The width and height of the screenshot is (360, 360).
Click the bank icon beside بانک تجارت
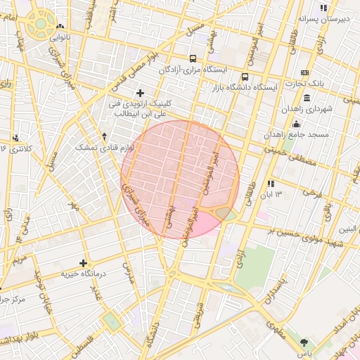304,72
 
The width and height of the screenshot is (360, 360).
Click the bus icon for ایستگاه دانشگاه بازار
245,77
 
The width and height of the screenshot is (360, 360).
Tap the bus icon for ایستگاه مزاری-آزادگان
193,59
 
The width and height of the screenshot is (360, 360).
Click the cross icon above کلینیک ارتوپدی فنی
140,93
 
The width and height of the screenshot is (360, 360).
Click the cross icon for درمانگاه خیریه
83,262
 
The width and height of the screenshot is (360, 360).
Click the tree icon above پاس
304,342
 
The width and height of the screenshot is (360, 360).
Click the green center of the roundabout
41,24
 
